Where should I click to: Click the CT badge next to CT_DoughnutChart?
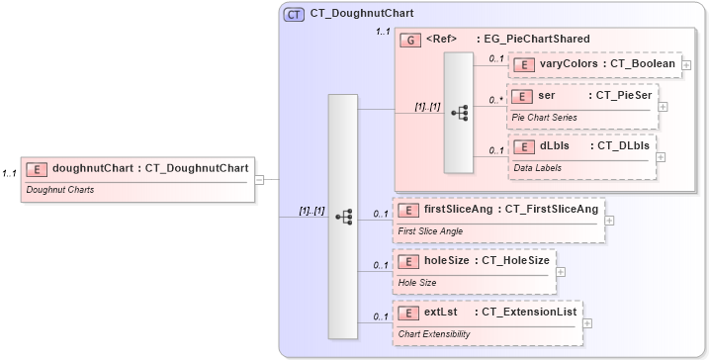294,15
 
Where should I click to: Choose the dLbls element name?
554,146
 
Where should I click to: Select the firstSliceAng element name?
461,209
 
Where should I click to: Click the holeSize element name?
450,260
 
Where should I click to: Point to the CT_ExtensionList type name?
525,313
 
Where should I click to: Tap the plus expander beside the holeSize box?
561,270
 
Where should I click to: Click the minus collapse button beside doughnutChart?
259,179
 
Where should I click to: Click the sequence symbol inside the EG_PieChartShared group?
459,113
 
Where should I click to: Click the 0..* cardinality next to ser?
496,101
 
